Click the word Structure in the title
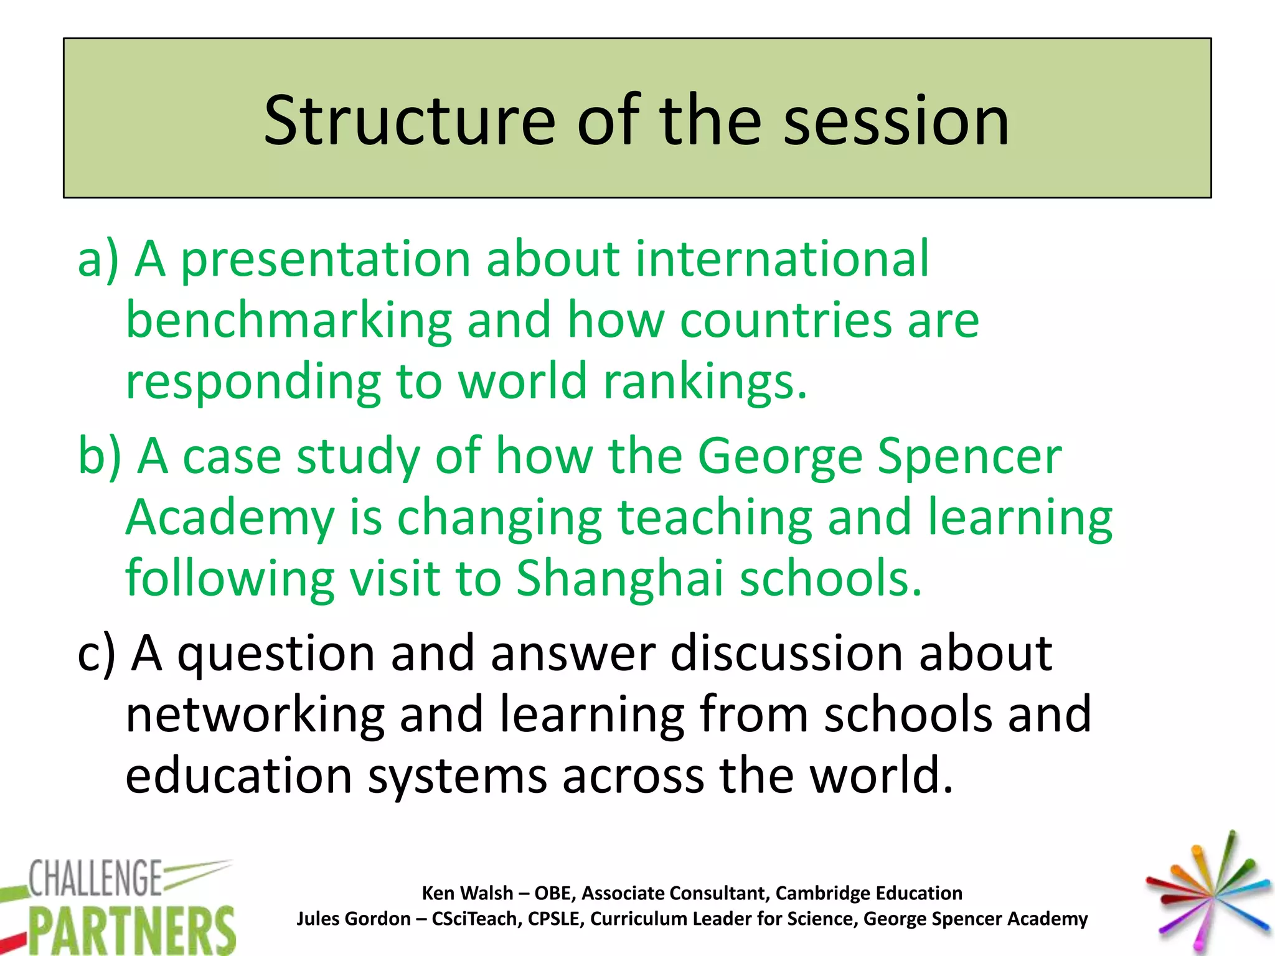pos(408,121)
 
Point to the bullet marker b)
pos(100,456)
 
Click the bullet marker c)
pos(96,654)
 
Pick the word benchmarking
pos(288,321)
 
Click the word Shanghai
pos(620,578)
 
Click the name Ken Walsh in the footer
pos(467,893)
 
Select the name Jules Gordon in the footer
pos(353,919)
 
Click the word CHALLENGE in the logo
pos(95,879)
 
